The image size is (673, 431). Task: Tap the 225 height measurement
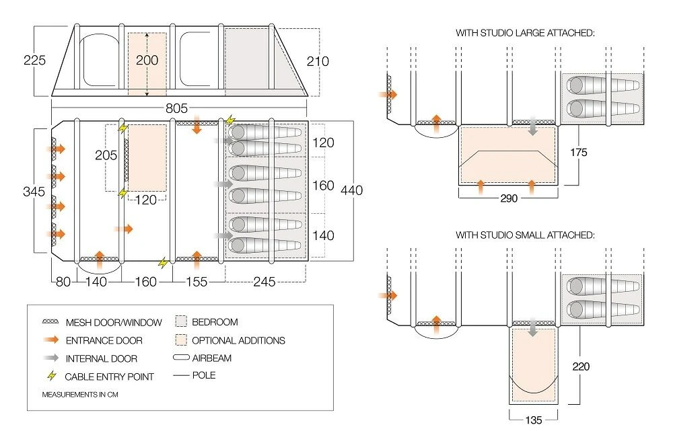34,61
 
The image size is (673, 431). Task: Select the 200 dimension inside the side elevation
147,61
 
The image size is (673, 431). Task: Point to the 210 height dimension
318,61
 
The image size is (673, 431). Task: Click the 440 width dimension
351,190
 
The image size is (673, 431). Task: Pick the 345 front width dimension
34,191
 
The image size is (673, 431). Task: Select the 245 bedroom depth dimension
265,282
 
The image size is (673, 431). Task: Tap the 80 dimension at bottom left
63,282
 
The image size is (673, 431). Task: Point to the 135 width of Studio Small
533,421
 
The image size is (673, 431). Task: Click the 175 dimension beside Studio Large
577,153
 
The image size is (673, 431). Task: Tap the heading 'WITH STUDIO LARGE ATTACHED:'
525,32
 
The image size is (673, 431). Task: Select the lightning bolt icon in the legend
51,377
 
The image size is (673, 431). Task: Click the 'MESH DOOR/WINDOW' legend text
114,322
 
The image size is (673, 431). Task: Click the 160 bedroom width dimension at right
324,185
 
